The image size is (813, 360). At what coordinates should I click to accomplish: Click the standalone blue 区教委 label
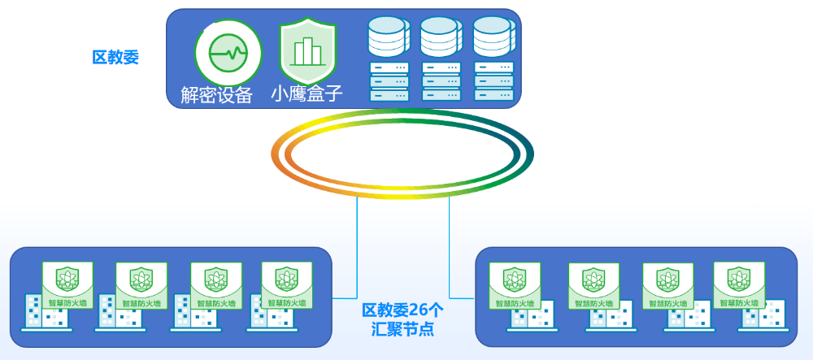click(115, 57)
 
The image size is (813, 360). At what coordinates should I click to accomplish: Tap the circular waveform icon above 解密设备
click(228, 54)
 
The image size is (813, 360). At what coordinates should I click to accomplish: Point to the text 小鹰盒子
click(307, 94)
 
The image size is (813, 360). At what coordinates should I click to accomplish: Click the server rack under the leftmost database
click(387, 81)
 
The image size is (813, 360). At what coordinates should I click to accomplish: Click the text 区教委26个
click(402, 310)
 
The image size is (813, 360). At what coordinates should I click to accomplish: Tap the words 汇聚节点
click(402, 330)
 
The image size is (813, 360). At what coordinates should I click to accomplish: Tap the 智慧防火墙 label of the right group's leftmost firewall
click(515, 303)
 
